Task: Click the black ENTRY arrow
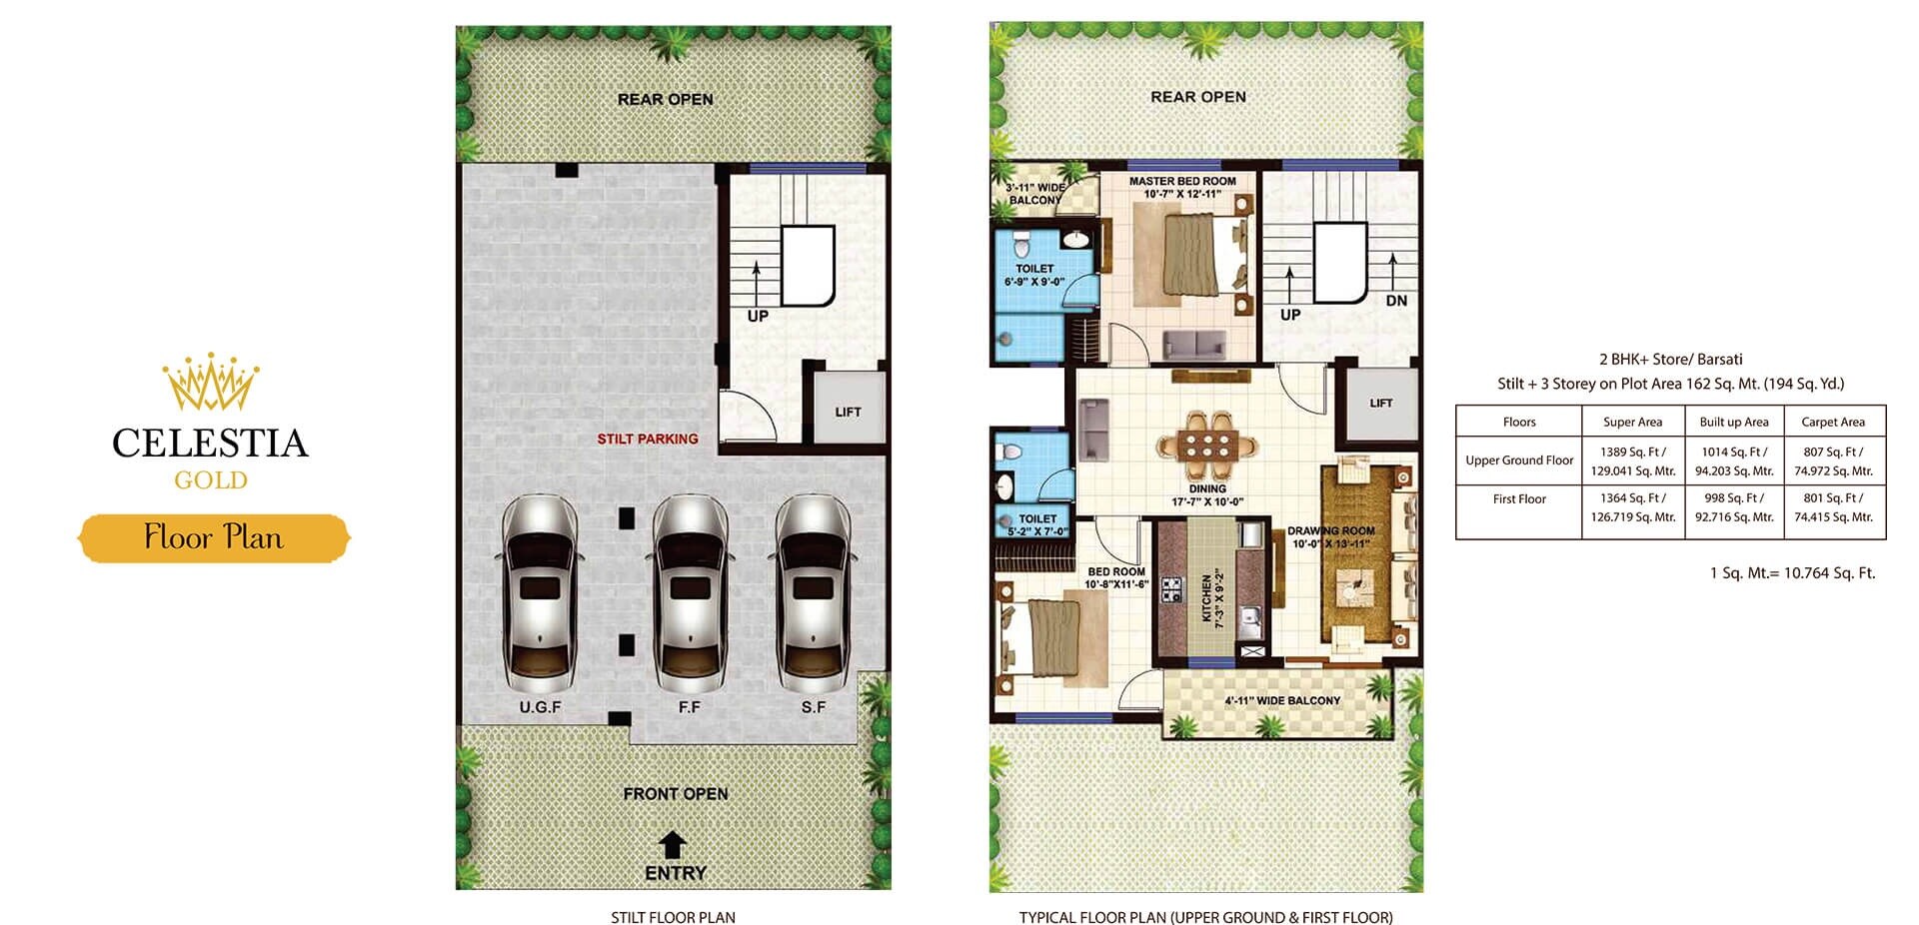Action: [674, 845]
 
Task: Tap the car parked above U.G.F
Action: [540, 593]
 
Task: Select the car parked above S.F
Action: [814, 593]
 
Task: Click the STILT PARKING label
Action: [648, 439]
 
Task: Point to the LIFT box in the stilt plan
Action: [848, 411]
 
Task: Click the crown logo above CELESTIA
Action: [211, 382]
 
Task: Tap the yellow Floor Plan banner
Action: [214, 537]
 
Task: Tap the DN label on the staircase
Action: [1396, 301]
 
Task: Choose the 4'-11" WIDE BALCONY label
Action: [1282, 700]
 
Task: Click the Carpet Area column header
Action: [1833, 422]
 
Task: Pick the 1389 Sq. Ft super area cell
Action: [1632, 461]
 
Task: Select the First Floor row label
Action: [1519, 498]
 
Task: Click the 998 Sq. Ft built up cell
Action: [1734, 506]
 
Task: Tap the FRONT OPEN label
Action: [676, 793]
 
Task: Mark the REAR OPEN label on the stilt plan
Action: [665, 99]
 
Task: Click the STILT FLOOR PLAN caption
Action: [673, 917]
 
